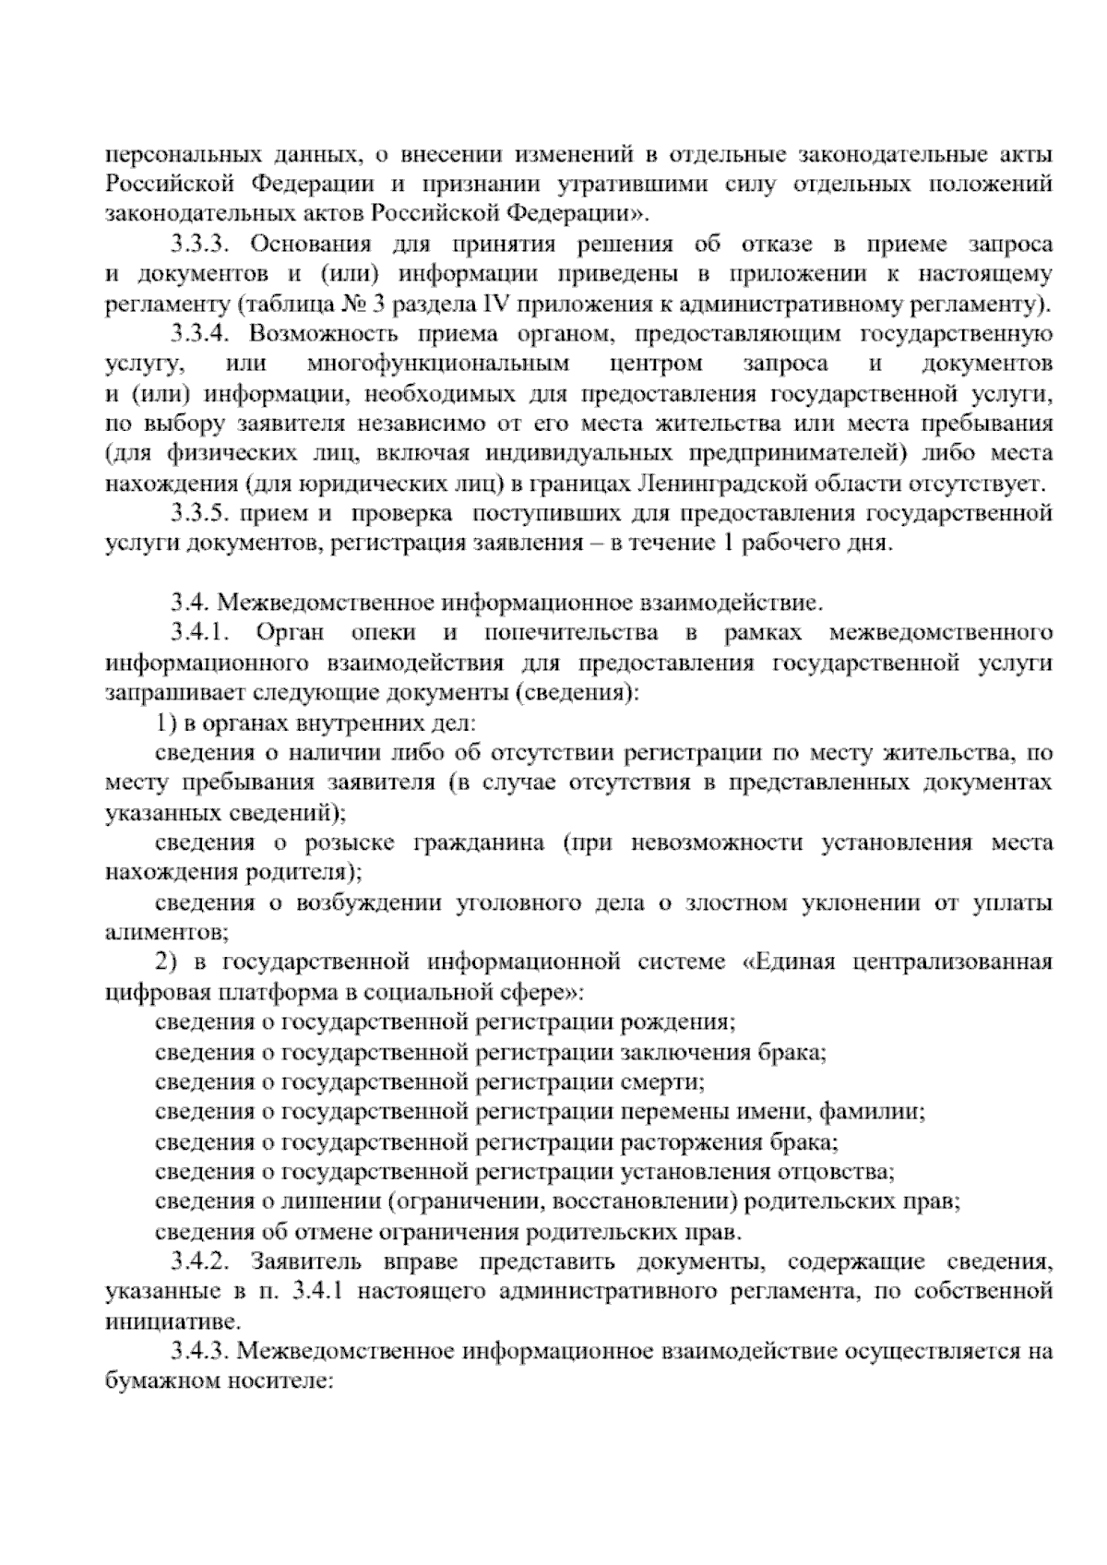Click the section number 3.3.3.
tap(205, 245)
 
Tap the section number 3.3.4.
tap(205, 334)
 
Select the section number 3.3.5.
tap(205, 513)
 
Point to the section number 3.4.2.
tap(205, 1260)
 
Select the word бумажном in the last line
tap(162, 1381)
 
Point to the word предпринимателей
tap(794, 453)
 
